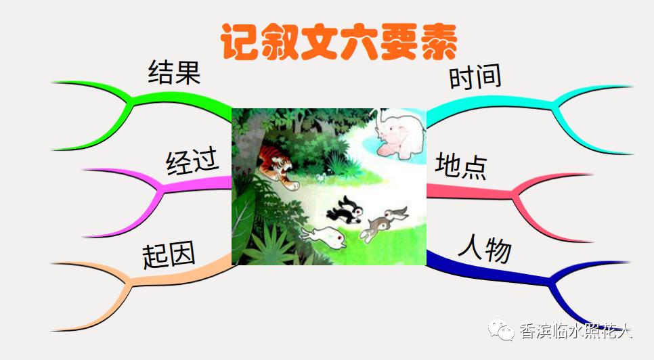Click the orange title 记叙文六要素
coord(339,41)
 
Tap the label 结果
coord(174,71)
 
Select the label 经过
coord(192,162)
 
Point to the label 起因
coord(169,255)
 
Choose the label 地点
coord(461,165)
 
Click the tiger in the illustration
coord(277,164)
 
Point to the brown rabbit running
coord(383,224)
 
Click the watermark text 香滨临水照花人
coord(575,331)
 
